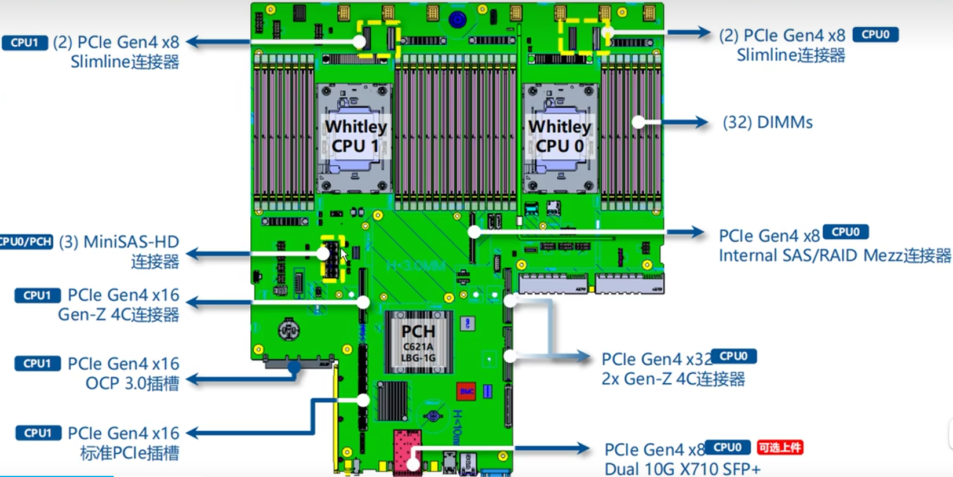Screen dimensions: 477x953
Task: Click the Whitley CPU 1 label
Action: pos(355,136)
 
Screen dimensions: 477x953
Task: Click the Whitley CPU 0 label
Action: pos(559,136)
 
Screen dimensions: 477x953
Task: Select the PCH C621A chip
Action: pos(418,342)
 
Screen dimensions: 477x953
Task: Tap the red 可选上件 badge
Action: pos(780,447)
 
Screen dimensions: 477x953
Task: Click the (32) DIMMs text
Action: pos(768,122)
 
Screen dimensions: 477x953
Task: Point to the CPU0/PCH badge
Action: pos(25,241)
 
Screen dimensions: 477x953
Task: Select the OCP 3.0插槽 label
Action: pos(132,383)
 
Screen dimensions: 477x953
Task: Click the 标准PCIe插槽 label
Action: pos(129,453)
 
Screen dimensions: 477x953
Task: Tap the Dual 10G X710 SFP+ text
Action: pos(682,468)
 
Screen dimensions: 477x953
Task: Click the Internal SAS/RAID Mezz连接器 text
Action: pos(834,256)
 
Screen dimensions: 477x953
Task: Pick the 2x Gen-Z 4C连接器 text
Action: pos(673,379)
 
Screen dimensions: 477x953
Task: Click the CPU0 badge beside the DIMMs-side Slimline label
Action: pos(875,35)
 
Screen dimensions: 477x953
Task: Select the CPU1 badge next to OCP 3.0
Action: pos(37,363)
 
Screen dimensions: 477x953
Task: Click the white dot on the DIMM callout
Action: pos(638,122)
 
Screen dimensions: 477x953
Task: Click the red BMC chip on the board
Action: pos(466,391)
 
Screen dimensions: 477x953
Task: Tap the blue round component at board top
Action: pos(457,20)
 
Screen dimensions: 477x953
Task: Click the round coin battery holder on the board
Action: pos(289,330)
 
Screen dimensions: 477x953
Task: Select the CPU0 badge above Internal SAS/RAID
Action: pos(845,232)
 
